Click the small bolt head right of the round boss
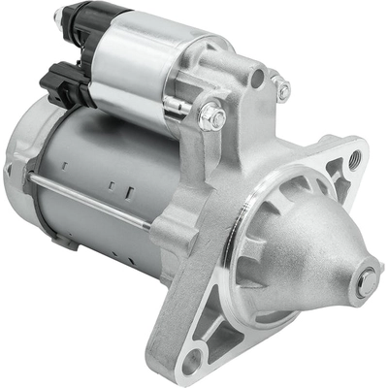tap(283, 90)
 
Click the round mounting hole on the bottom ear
tap(193, 360)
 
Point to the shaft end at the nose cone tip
tap(366, 282)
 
